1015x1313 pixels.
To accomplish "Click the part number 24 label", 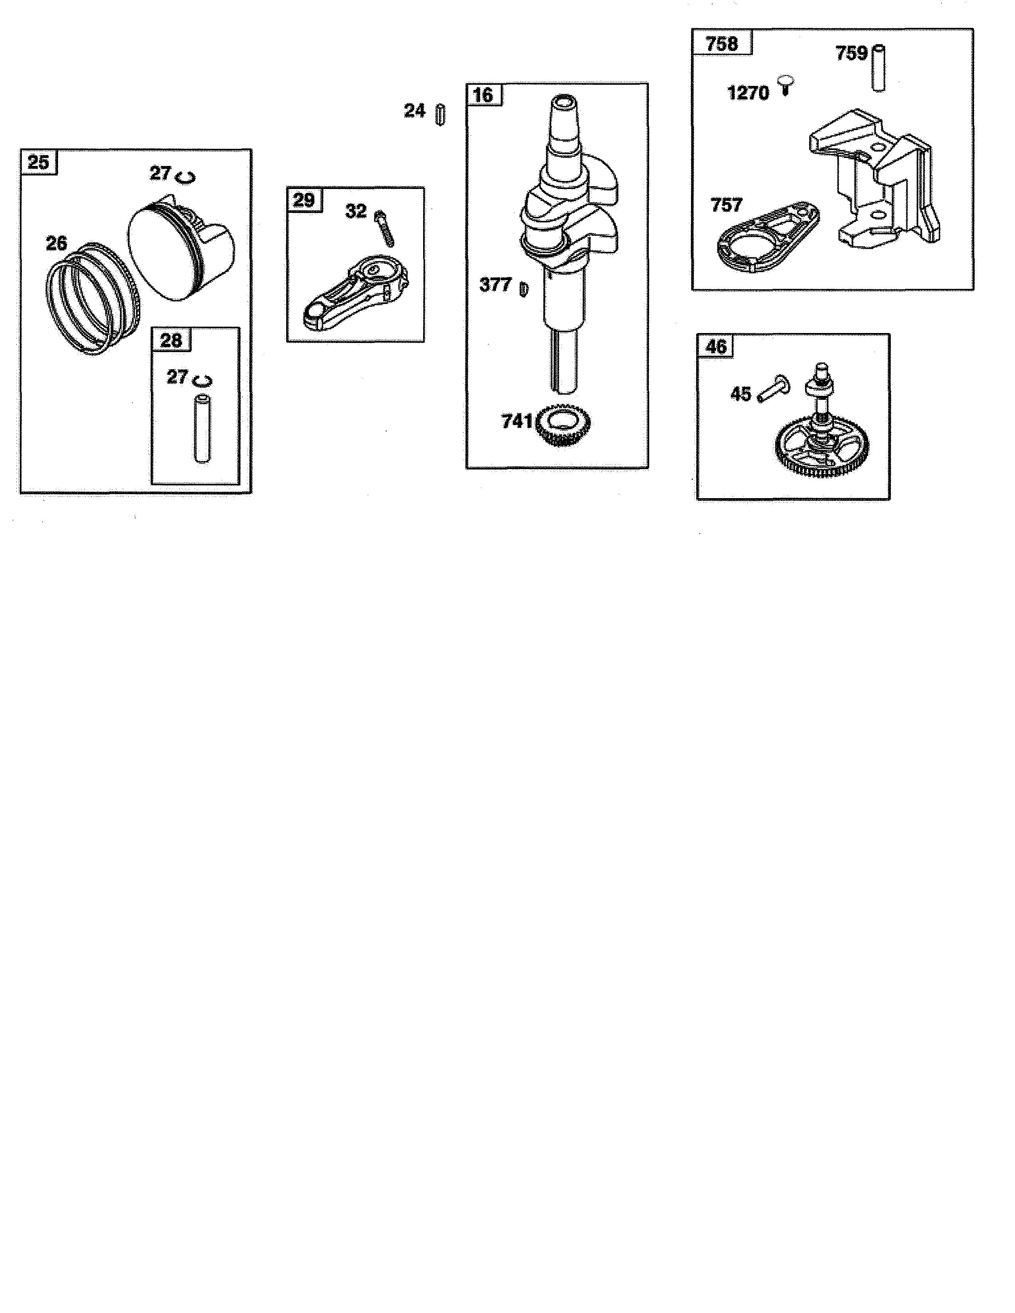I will click(x=414, y=111).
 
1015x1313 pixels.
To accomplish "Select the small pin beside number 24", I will click(x=440, y=114).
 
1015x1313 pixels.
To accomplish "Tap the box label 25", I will click(x=39, y=162).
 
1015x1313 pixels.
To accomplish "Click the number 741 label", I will click(x=517, y=421).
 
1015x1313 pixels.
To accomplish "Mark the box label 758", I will click(x=722, y=44).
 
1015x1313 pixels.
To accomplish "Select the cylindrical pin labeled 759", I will click(x=878, y=68).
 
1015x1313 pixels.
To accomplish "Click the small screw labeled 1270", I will click(x=786, y=86).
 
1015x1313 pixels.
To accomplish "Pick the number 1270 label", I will click(x=748, y=93).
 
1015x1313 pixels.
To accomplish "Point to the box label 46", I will click(x=716, y=347).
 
